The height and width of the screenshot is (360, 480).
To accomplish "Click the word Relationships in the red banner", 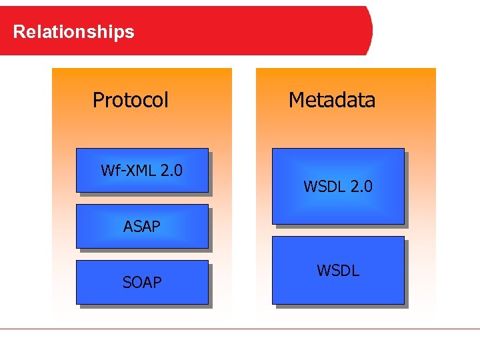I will pyautogui.click(x=73, y=31).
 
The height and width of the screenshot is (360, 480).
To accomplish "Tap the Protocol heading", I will pyautogui.click(x=131, y=100).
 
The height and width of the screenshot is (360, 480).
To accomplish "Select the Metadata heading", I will pyautogui.click(x=332, y=100).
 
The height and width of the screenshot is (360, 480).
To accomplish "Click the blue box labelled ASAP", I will pyautogui.click(x=142, y=227).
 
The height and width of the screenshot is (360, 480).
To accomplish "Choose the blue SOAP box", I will pyautogui.click(x=142, y=283).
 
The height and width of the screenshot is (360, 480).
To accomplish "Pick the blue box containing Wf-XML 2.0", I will pyautogui.click(x=142, y=171).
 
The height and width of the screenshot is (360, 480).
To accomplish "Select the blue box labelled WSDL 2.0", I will pyautogui.click(x=338, y=187).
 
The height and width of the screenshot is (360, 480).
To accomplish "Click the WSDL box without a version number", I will pyautogui.click(x=338, y=271).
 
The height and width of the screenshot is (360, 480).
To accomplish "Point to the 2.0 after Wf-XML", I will pyautogui.click(x=171, y=171).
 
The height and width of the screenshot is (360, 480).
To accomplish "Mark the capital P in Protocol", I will pyautogui.click(x=98, y=100).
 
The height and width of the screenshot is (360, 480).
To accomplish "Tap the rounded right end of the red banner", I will pyautogui.click(x=368, y=31).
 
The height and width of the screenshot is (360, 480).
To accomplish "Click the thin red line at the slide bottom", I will pyautogui.click(x=240, y=329).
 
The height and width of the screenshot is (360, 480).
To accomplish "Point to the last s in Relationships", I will pyautogui.click(x=131, y=32).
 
